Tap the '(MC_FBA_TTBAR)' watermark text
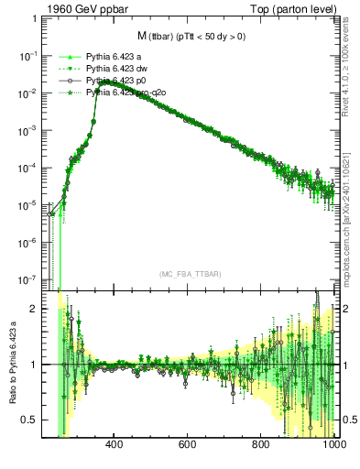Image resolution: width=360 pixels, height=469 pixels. tap(189, 275)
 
